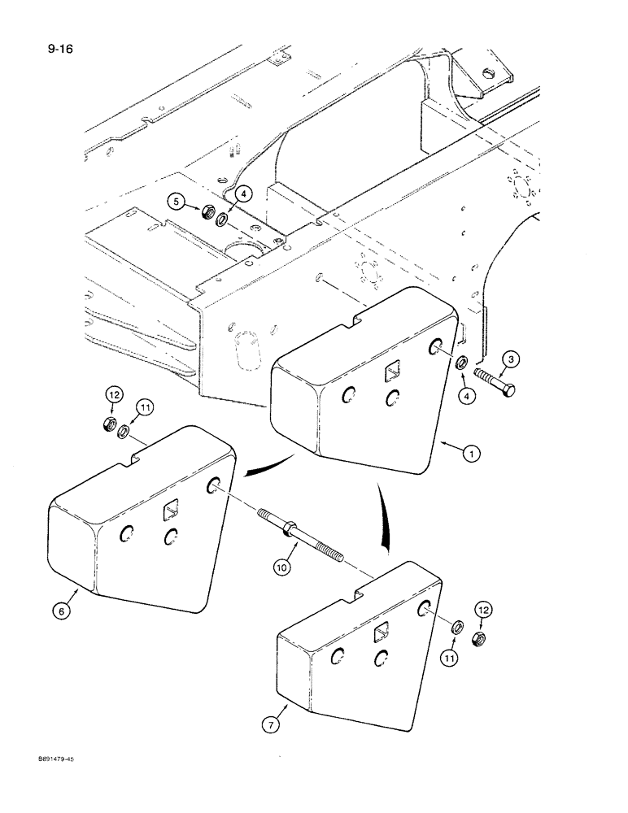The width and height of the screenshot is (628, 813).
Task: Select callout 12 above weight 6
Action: click(113, 396)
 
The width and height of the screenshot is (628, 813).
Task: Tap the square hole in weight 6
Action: click(171, 510)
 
